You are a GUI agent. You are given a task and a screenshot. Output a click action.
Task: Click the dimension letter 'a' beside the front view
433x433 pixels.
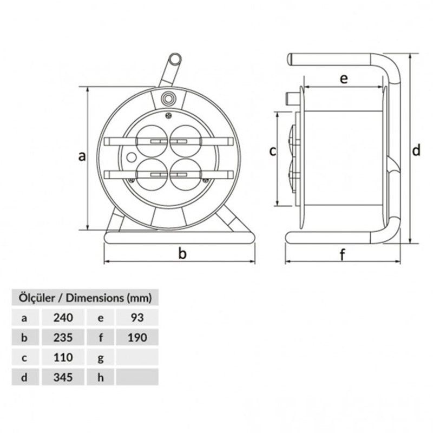click(x=82, y=156)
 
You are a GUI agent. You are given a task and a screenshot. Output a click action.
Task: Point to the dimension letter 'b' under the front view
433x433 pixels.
click(x=182, y=253)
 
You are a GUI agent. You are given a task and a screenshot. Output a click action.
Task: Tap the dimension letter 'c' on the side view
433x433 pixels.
click(x=273, y=152)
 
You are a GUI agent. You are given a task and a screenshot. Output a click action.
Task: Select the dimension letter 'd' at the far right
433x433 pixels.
click(x=416, y=150)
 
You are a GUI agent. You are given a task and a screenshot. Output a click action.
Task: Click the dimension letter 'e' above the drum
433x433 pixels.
click(x=344, y=79)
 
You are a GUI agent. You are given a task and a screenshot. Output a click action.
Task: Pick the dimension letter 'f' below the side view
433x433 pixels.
click(x=343, y=254)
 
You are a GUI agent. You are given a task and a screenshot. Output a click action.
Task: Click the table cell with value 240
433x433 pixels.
click(x=63, y=318)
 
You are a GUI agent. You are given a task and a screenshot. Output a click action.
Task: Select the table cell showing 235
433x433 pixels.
click(x=63, y=337)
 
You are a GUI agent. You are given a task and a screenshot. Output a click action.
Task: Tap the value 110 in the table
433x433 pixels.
click(x=63, y=357)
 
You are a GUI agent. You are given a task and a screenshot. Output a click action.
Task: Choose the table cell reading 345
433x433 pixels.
click(x=63, y=377)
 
